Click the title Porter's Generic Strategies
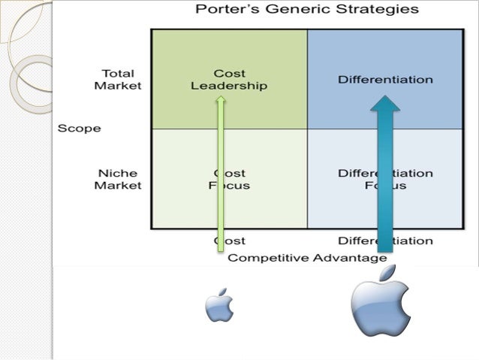point(307,11)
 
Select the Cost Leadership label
point(229,80)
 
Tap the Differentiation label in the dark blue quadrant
point(385,79)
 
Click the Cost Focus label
point(229,179)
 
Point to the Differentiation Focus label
point(384,179)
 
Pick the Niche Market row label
point(117,179)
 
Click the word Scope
point(79,128)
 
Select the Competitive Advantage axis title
point(307,258)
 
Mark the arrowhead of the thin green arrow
point(221,100)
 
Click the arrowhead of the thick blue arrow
point(385,104)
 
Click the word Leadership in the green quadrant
point(229,86)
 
